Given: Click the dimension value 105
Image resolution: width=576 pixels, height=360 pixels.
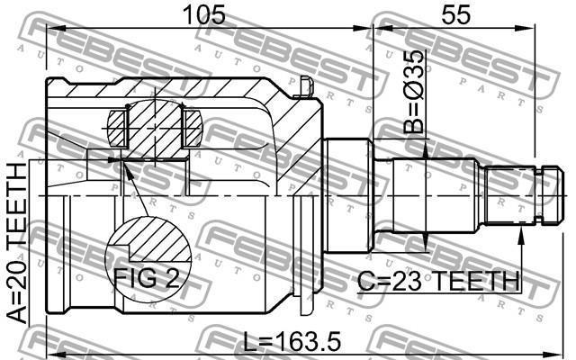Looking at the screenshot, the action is point(204,14).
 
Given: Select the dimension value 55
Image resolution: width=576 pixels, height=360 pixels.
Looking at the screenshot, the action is point(455,14).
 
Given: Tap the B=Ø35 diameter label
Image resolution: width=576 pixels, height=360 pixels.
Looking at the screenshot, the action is point(414,92).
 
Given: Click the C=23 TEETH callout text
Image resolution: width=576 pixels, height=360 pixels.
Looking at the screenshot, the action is point(438,281).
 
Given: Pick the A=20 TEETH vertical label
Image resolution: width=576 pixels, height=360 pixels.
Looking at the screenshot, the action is point(17,242).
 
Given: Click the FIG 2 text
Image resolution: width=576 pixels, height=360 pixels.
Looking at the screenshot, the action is point(146,278).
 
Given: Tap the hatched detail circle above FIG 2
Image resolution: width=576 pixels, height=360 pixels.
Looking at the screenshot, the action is point(148,259).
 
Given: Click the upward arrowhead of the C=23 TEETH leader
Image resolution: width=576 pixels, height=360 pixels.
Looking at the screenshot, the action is point(520,236).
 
